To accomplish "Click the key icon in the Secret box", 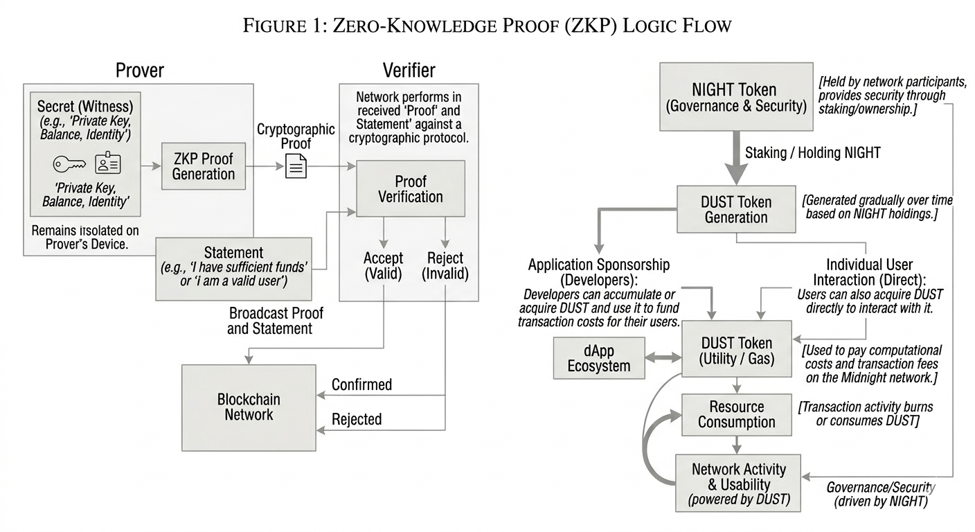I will (70, 164).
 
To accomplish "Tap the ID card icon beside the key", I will (108, 163).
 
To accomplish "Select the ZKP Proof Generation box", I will (203, 166).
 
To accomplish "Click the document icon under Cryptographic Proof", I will (296, 166).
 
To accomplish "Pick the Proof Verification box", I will (410, 188).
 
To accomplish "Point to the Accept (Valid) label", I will (383, 265).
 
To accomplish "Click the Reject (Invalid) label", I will (445, 265).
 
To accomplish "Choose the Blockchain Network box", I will (249, 407).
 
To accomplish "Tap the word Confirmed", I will (361, 384).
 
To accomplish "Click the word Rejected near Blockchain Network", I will (357, 419).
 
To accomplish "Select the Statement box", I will (233, 268).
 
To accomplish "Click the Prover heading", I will (139, 70).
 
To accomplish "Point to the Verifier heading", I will (409, 70).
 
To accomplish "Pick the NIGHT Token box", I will (735, 97).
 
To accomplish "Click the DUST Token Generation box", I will (735, 209).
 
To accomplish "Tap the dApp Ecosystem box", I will (599, 357).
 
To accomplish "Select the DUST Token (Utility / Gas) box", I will (737, 350).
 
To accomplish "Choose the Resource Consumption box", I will (736, 414).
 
